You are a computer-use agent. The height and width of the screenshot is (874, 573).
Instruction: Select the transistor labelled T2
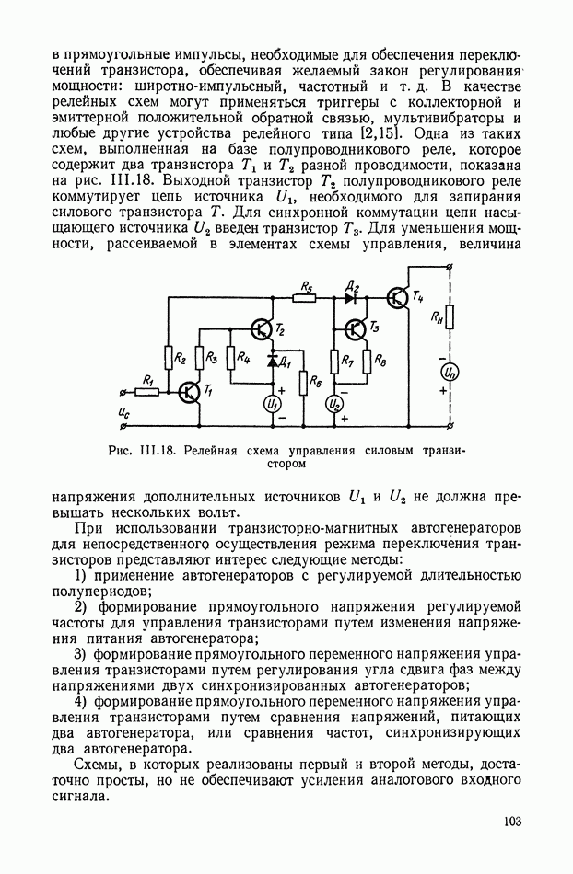tap(261, 329)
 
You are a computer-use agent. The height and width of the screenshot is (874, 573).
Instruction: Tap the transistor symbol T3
tap(356, 329)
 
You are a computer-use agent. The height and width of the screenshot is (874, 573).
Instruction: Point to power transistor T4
tap(398, 297)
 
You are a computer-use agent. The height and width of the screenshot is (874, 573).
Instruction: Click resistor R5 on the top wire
tap(305, 297)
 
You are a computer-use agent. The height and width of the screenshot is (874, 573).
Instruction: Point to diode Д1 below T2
tap(272, 360)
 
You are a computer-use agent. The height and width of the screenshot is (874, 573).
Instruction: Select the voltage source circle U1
tap(272, 403)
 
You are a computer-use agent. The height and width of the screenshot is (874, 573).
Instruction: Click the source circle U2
tap(335, 403)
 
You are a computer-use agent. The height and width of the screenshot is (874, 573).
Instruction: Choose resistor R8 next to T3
tap(368, 361)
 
